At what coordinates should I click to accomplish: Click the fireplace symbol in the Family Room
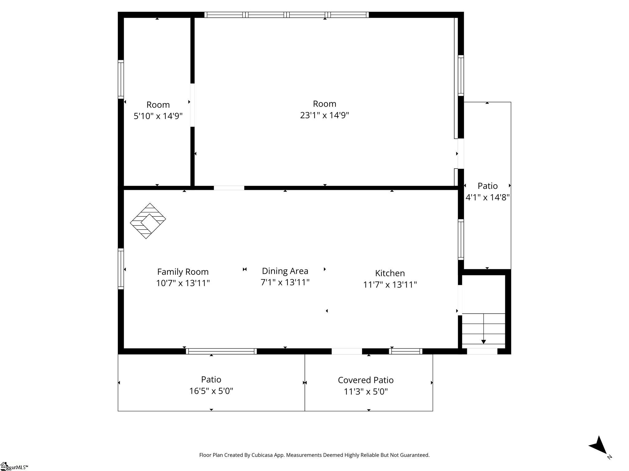(x=148, y=221)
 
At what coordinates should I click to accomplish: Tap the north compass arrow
(x=598, y=445)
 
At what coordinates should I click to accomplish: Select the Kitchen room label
(x=390, y=273)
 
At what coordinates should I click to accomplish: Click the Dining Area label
(x=285, y=271)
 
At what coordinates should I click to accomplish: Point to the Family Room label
(x=183, y=272)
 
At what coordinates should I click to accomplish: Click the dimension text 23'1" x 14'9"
(x=325, y=115)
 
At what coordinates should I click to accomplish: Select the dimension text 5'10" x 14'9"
(x=158, y=116)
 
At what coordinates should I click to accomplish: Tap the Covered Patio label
(x=365, y=380)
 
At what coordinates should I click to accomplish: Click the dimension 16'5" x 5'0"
(x=211, y=391)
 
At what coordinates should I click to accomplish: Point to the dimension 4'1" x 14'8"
(x=488, y=197)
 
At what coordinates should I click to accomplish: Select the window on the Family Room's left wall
(x=121, y=269)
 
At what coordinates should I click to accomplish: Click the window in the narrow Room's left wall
(x=121, y=79)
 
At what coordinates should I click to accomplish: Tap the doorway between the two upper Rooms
(x=193, y=105)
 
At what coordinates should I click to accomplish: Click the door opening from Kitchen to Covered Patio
(x=347, y=351)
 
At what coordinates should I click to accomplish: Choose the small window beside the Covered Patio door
(x=406, y=351)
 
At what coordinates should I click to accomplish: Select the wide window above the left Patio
(x=221, y=351)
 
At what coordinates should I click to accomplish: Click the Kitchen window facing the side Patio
(x=461, y=239)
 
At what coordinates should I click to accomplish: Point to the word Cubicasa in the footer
(x=263, y=455)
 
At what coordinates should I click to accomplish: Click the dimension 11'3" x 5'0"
(x=366, y=392)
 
